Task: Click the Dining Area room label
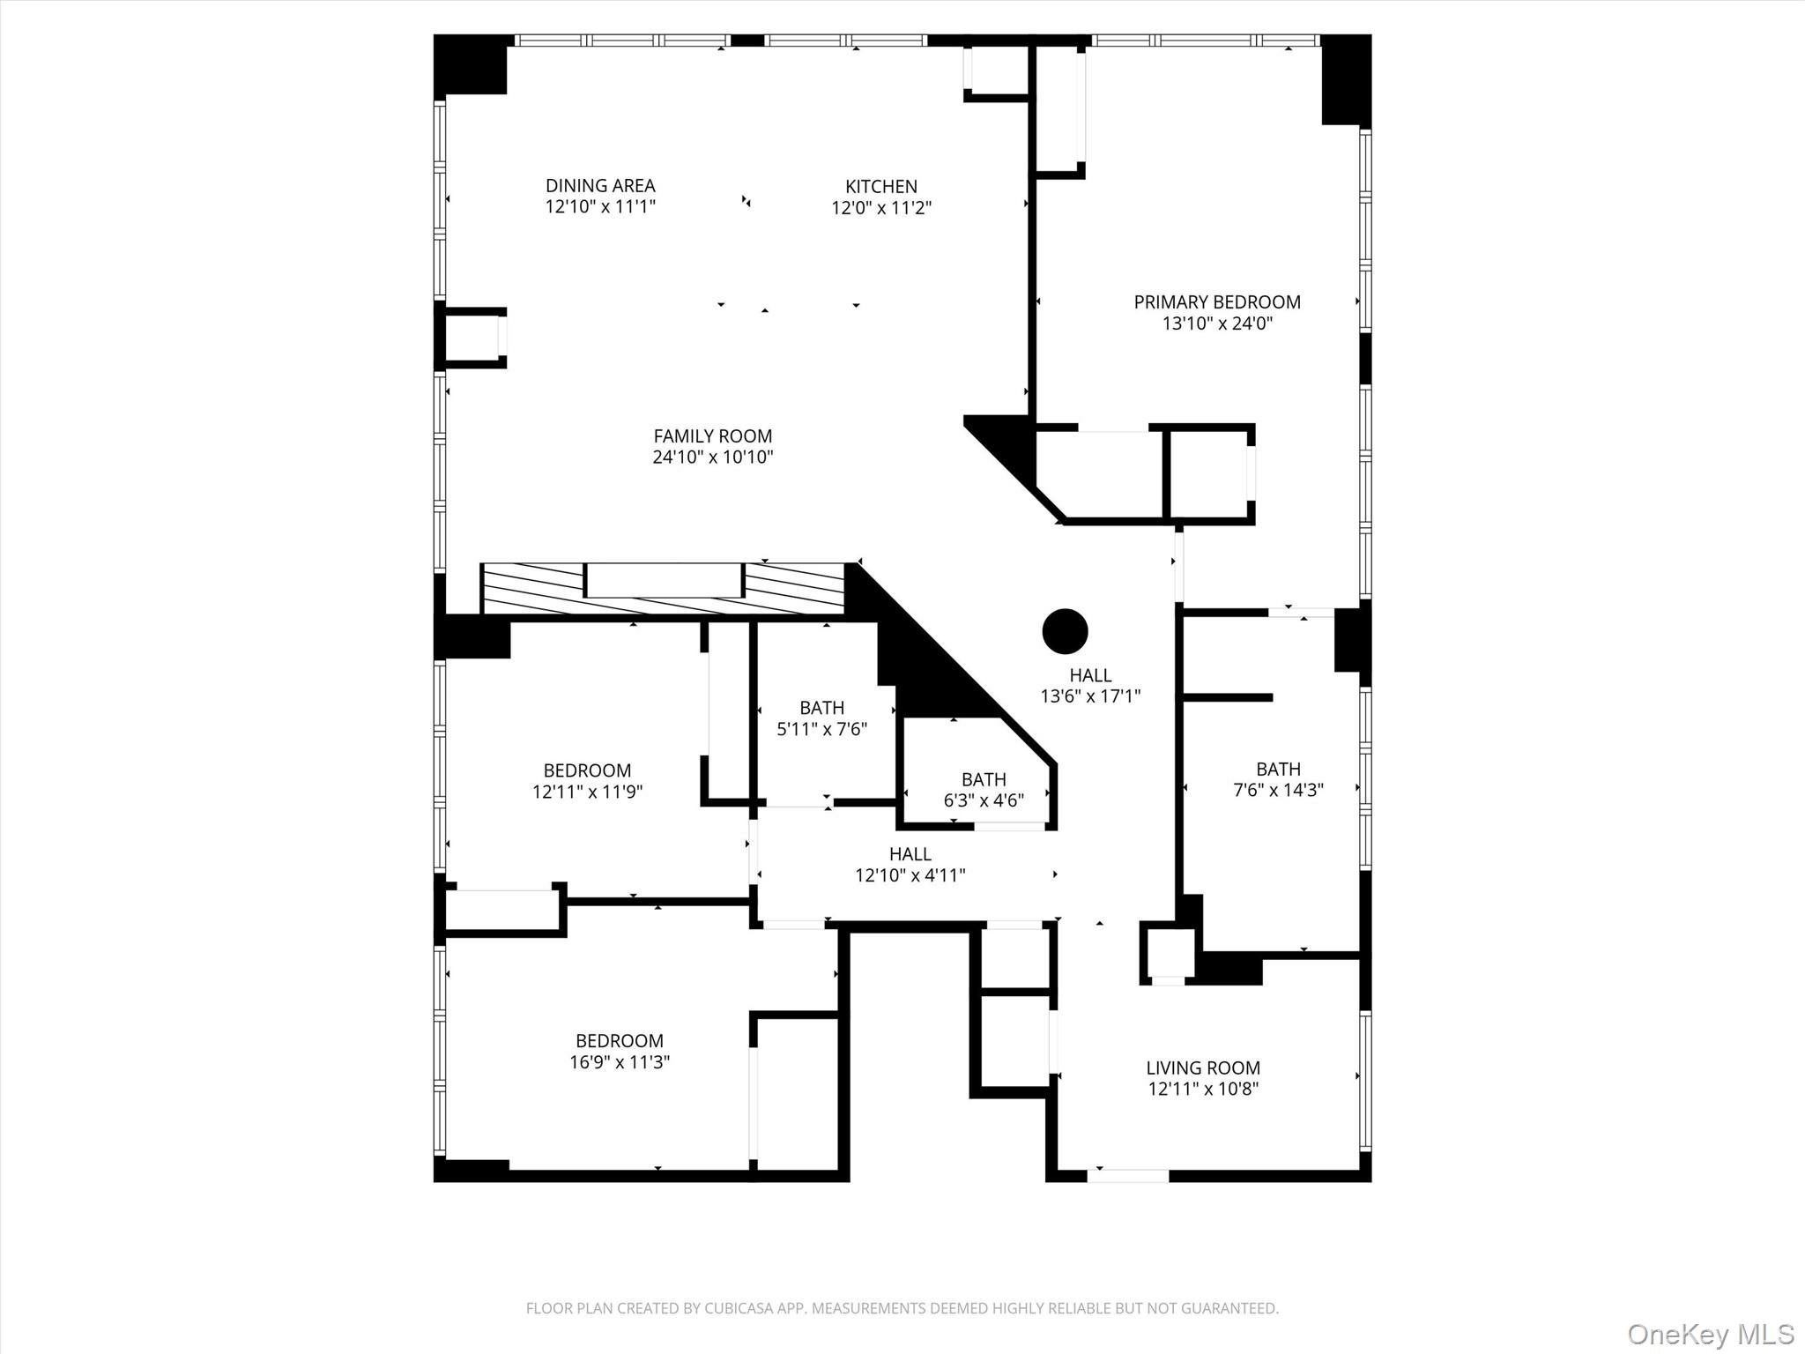click(600, 185)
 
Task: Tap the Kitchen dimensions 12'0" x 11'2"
click(881, 208)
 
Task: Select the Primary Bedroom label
click(1216, 302)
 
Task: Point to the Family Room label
click(712, 435)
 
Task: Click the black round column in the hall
click(1065, 631)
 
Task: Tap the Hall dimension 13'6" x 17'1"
click(1090, 696)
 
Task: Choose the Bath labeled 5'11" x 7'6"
click(821, 718)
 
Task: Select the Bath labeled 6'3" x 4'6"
click(984, 790)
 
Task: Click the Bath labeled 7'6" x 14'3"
click(1278, 779)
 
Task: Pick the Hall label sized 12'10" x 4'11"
click(910, 865)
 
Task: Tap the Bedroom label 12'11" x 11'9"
click(587, 781)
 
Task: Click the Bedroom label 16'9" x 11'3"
click(619, 1052)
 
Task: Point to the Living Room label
click(1202, 1068)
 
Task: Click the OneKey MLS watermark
click(1710, 1334)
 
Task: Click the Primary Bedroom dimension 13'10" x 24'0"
click(1216, 324)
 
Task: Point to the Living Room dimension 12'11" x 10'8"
click(1202, 1089)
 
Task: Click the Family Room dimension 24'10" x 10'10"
click(712, 457)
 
